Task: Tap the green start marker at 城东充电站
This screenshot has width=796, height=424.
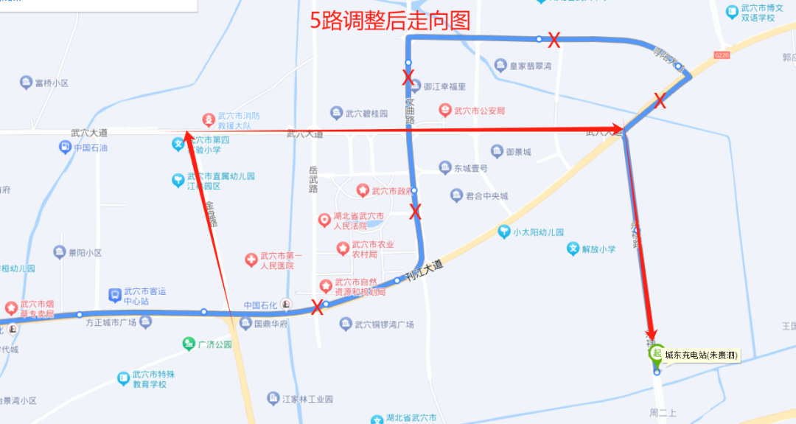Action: coord(655,352)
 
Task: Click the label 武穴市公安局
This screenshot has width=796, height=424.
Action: coord(479,111)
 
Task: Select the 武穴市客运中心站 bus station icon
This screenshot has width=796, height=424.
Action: coord(115,295)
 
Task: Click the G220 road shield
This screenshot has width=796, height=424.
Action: coord(722,55)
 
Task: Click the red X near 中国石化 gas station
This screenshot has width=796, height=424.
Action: coord(318,307)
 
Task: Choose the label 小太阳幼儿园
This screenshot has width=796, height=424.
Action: coord(538,232)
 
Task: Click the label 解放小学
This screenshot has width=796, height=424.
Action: coord(598,249)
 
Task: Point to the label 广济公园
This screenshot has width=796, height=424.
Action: coord(214,344)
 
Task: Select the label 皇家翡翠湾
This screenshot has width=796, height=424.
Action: coord(531,66)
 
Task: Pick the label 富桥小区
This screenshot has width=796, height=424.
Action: coord(51,83)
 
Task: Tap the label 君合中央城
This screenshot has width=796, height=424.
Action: coord(486,195)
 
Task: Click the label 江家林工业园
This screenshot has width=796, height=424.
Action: coord(307,399)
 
